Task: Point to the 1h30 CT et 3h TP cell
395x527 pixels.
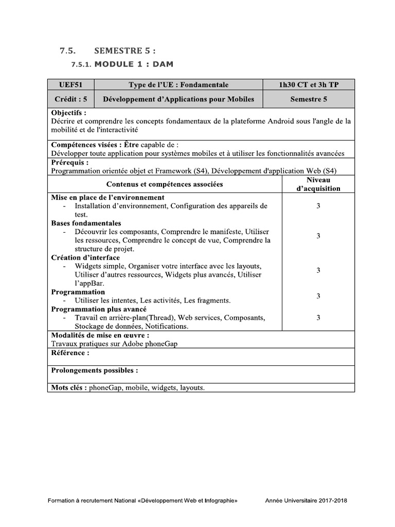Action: pyautogui.click(x=308, y=85)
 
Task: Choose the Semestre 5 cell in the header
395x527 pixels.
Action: pyautogui.click(x=308, y=99)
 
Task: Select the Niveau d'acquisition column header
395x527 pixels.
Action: pyautogui.click(x=318, y=184)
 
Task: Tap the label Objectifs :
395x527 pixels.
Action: pyautogui.click(x=69, y=113)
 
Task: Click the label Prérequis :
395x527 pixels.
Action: pyautogui.click(x=70, y=162)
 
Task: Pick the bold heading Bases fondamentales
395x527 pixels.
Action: pyautogui.click(x=86, y=223)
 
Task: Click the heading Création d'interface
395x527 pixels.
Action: pyautogui.click(x=85, y=257)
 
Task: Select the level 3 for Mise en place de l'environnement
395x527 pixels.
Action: pyautogui.click(x=318, y=206)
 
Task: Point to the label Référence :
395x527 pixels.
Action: pyautogui.click(x=70, y=353)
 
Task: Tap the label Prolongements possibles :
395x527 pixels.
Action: pyautogui.click(x=94, y=371)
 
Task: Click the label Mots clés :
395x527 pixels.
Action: pyautogui.click(x=69, y=388)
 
